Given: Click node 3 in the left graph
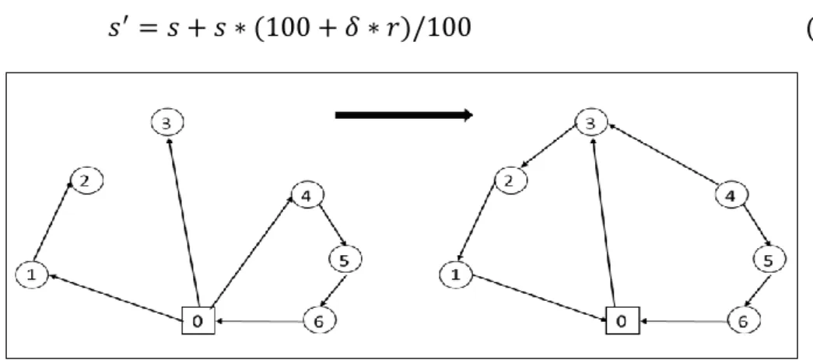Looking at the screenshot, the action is (x=167, y=123).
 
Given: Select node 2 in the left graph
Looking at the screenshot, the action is (x=86, y=180).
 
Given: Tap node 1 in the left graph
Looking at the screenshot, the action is (x=32, y=274).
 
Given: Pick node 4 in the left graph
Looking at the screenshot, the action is (x=307, y=196).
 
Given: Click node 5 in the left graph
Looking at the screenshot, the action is (x=345, y=260).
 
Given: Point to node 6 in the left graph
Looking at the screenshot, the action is (x=319, y=321).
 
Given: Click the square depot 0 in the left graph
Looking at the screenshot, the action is (x=198, y=320).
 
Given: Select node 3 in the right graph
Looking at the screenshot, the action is (x=591, y=123).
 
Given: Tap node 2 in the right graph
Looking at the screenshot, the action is (x=510, y=180).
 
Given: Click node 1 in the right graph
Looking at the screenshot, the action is (x=456, y=274).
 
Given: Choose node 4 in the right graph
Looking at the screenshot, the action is (x=731, y=196).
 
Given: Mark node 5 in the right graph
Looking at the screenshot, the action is (x=769, y=260).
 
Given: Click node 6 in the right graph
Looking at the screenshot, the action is (x=743, y=321).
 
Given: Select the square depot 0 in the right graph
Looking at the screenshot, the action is (x=622, y=320).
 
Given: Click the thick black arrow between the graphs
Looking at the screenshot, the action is (x=404, y=115).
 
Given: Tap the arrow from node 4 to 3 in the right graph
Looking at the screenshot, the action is (x=663, y=155).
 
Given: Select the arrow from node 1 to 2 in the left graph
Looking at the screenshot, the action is (x=52, y=221).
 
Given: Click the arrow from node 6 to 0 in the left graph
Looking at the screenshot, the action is (x=259, y=321).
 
